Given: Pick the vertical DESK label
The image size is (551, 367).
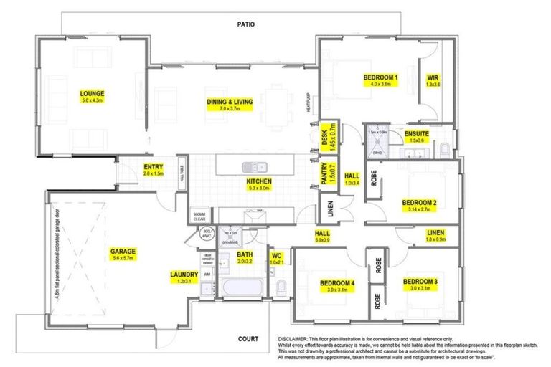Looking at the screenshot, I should tap(326, 135).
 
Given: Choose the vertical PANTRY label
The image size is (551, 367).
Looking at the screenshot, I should tap(327, 174).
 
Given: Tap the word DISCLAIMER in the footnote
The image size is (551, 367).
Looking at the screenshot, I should tap(294, 338).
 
